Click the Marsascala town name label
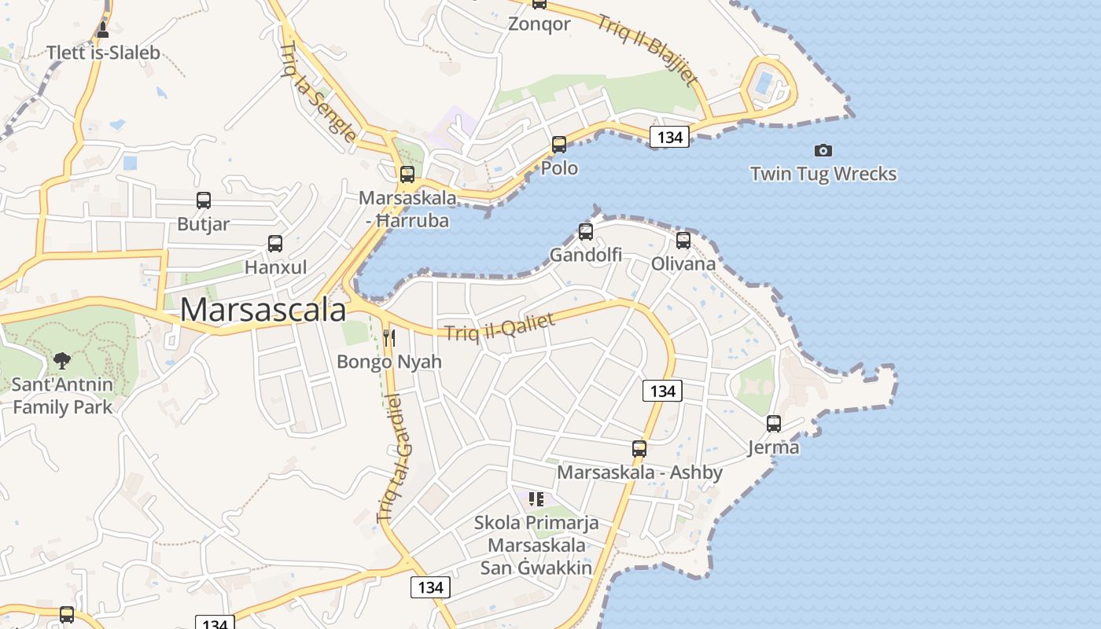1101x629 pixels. (x=263, y=311)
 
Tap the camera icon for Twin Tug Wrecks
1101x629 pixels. (x=823, y=150)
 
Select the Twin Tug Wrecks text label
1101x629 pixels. (x=823, y=174)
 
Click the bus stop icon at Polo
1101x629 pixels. (x=559, y=145)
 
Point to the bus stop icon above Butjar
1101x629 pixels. (x=204, y=200)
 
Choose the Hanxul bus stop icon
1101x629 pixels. (x=275, y=244)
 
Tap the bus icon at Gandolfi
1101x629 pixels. (x=586, y=232)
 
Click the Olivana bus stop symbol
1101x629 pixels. (x=683, y=241)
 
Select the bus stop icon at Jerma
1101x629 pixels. (x=774, y=424)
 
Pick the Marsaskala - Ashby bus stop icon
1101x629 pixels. (x=639, y=449)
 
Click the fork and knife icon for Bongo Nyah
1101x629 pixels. (x=389, y=338)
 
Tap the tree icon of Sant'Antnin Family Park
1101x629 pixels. (x=62, y=361)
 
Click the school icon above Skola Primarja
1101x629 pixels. (x=536, y=499)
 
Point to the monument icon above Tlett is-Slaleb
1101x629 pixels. (x=103, y=30)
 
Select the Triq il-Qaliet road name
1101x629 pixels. (x=500, y=327)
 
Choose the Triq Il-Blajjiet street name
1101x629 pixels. (x=646, y=50)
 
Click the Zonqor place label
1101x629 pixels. (x=539, y=24)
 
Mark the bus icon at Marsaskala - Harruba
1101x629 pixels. (x=407, y=175)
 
